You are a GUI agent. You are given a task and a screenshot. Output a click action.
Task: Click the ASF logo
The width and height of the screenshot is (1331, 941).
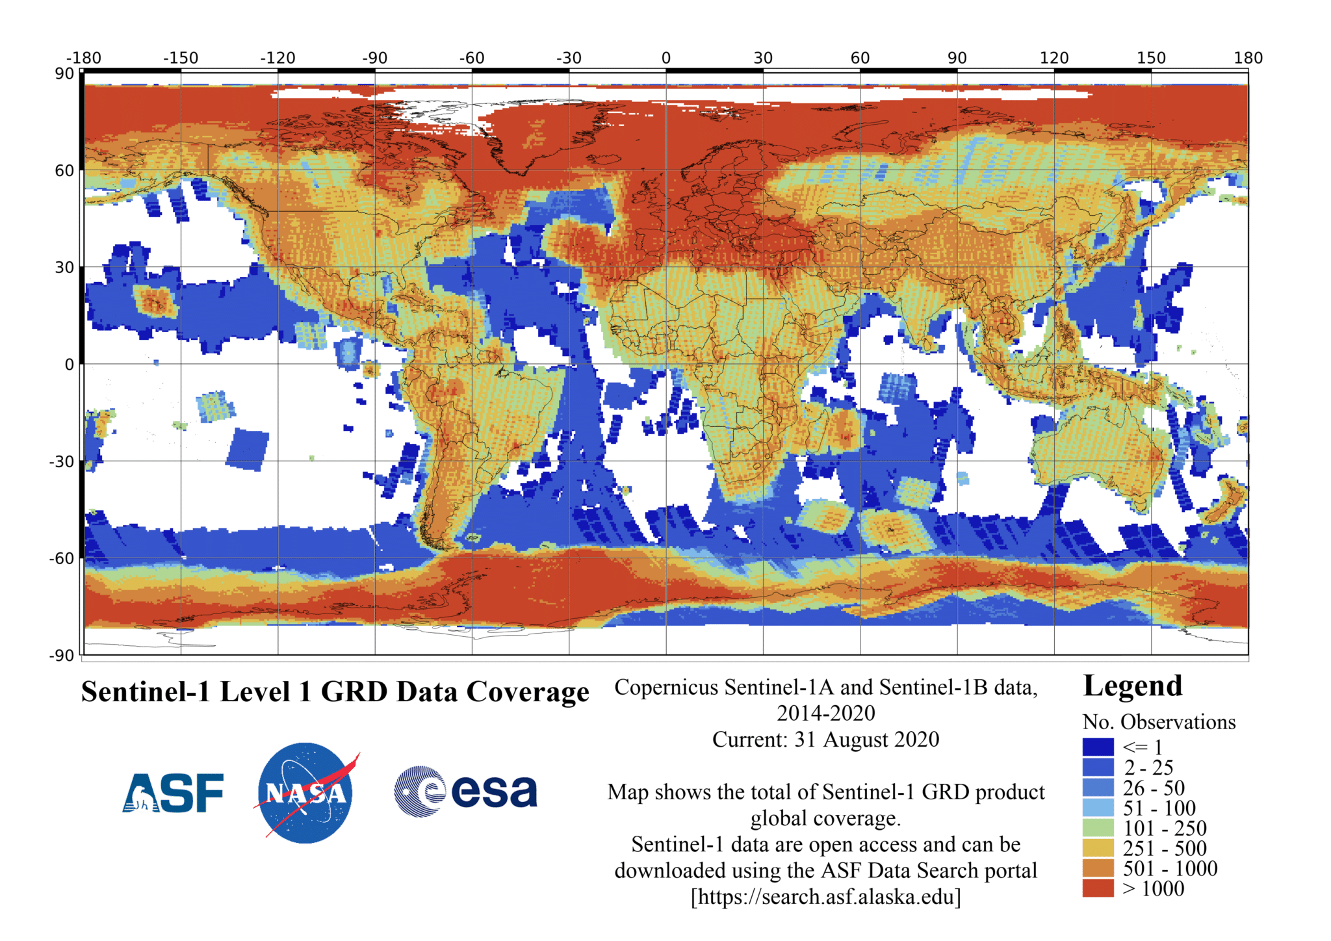pos(173,793)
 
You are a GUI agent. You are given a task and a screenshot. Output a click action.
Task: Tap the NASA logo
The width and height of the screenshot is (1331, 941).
pos(305,793)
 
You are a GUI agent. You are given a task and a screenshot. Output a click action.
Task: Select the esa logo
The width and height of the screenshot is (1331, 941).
pos(466,791)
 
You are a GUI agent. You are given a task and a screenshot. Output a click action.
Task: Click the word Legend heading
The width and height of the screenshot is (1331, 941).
pos(1132,686)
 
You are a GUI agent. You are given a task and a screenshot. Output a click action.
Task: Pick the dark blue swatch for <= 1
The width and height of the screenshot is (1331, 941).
pos(1098,747)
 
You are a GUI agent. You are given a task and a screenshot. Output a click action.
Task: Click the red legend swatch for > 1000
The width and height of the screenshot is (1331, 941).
pos(1098,888)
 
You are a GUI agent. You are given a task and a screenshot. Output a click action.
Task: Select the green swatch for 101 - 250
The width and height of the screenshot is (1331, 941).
pos(1098,828)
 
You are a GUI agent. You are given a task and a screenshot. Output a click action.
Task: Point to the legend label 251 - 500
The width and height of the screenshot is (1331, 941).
pos(1165,848)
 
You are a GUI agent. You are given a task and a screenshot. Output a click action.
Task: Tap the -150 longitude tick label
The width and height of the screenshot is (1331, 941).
pos(180,58)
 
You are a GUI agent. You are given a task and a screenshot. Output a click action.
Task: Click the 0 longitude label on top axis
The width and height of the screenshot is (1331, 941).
pos(665,58)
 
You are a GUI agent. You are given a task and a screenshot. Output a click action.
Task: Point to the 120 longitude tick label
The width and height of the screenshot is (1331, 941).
pos(1053,58)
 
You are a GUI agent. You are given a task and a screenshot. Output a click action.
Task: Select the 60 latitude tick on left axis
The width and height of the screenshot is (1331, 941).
pos(64,170)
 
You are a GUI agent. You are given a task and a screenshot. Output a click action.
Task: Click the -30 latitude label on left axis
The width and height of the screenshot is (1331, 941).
pos(62,461)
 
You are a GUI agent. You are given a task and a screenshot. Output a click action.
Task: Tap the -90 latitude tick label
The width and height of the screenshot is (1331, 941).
pos(62,655)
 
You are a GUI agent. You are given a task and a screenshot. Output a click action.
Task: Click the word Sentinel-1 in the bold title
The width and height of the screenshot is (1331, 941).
pos(146,691)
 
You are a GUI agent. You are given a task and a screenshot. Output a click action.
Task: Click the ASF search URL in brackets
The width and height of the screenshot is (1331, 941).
pos(825,897)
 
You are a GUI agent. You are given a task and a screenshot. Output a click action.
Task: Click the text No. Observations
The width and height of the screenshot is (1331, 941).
pos(1159,722)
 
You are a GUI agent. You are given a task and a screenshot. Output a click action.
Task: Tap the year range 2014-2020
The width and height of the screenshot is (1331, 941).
pos(825,713)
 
